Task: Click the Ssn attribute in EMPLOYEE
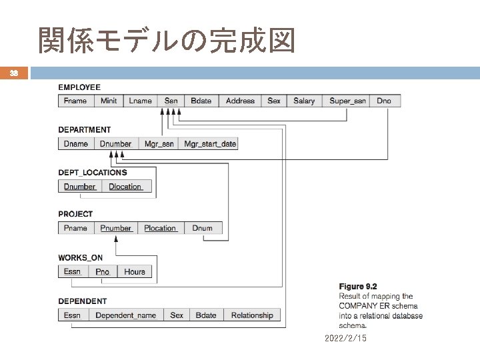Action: pyautogui.click(x=171, y=101)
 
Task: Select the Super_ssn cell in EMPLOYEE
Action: pyautogui.click(x=346, y=101)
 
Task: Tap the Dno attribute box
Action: pyautogui.click(x=385, y=101)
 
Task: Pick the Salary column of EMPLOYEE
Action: pyautogui.click(x=304, y=101)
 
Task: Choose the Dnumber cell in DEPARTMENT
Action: pyautogui.click(x=116, y=143)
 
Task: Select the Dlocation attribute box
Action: pyautogui.click(x=127, y=186)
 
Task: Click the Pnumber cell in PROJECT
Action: pyautogui.click(x=116, y=228)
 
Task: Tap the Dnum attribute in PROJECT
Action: pyautogui.click(x=203, y=228)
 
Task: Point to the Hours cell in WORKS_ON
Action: pyautogui.click(x=135, y=271)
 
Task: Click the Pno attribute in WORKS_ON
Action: pyautogui.click(x=103, y=271)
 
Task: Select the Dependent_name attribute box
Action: pyautogui.click(x=126, y=315)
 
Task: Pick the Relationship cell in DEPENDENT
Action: pyautogui.click(x=252, y=315)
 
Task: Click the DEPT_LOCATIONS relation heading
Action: pyautogui.click(x=93, y=173)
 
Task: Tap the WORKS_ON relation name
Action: pyautogui.click(x=80, y=258)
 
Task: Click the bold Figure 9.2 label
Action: pyautogui.click(x=358, y=286)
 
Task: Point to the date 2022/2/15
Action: pyautogui.click(x=345, y=338)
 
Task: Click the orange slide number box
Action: pyautogui.click(x=14, y=73)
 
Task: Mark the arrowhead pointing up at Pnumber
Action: pyautogui.click(x=116, y=239)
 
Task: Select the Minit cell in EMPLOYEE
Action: pyautogui.click(x=109, y=101)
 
